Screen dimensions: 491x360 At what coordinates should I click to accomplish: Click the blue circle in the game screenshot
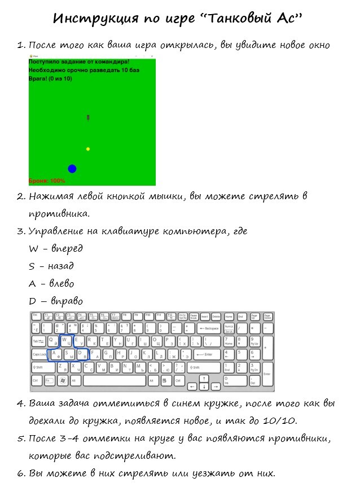[x=72, y=169]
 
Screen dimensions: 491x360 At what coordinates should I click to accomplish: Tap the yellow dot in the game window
[x=88, y=149]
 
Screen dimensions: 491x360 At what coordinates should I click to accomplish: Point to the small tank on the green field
[x=88, y=117]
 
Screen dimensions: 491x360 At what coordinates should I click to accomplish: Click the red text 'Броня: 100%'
[x=47, y=181]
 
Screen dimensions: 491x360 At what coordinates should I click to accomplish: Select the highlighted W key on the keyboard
[x=65, y=341]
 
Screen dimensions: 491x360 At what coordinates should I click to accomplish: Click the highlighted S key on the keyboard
[x=68, y=354]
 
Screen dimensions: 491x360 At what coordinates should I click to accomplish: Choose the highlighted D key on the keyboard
[x=82, y=354]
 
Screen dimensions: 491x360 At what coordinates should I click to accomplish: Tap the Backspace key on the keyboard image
[x=207, y=328]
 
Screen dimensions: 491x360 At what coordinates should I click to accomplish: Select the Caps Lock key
[x=39, y=354]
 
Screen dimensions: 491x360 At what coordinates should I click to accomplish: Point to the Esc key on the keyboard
[x=35, y=315]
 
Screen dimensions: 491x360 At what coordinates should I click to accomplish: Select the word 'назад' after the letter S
[x=60, y=266]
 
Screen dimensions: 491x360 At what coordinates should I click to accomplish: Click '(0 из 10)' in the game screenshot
[x=60, y=79]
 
